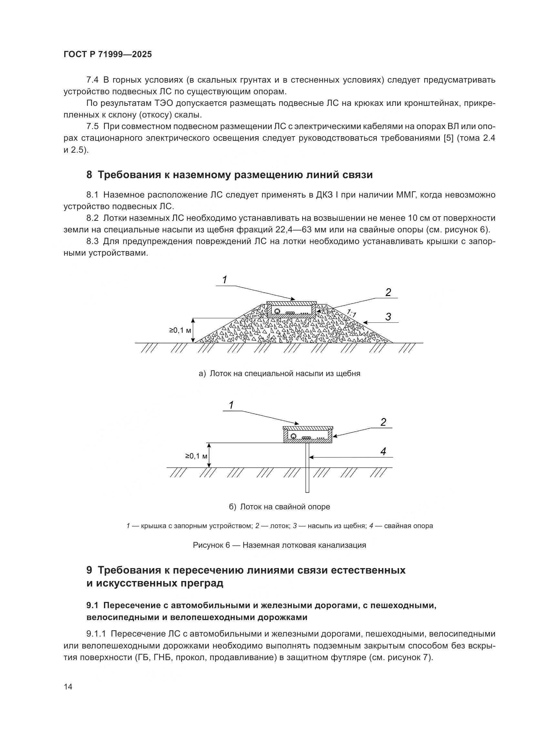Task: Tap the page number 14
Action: pyautogui.click(x=68, y=687)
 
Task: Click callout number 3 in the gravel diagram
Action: pyautogui.click(x=388, y=317)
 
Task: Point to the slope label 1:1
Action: pyautogui.click(x=352, y=313)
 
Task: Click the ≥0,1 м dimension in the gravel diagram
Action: pyautogui.click(x=180, y=330)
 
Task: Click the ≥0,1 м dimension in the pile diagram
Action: pyautogui.click(x=196, y=456)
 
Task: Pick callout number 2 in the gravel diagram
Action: pyautogui.click(x=388, y=292)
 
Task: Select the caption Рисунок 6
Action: pyautogui.click(x=279, y=545)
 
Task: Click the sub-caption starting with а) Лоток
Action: pyautogui.click(x=279, y=373)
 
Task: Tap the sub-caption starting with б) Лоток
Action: pyautogui.click(x=279, y=507)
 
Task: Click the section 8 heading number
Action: pyautogui.click(x=89, y=175)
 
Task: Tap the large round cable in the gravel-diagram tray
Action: pyautogui.click(x=277, y=311)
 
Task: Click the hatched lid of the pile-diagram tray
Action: pyautogui.click(x=308, y=428)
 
